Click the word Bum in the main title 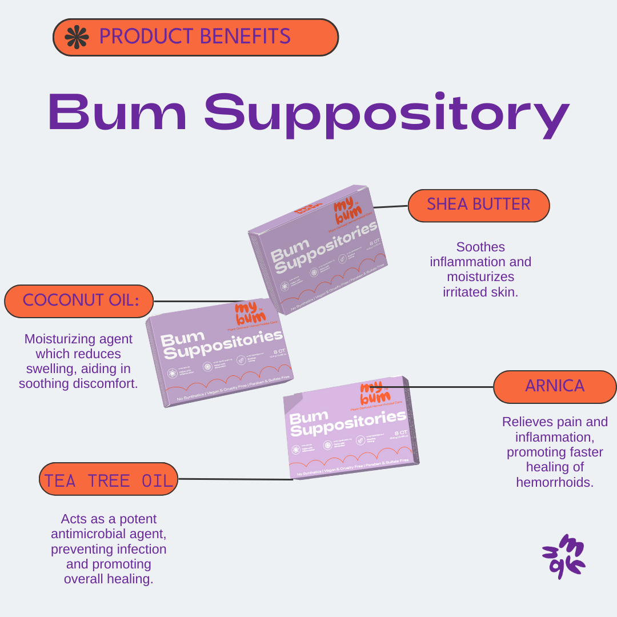click(118, 111)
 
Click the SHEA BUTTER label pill click(479, 205)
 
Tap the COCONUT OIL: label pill click(79, 301)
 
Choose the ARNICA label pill click(554, 387)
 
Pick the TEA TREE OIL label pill click(108, 479)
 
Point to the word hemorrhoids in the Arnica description click(554, 482)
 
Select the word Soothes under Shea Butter click(480, 247)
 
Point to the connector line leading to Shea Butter click(390, 206)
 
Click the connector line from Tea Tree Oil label click(235, 479)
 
